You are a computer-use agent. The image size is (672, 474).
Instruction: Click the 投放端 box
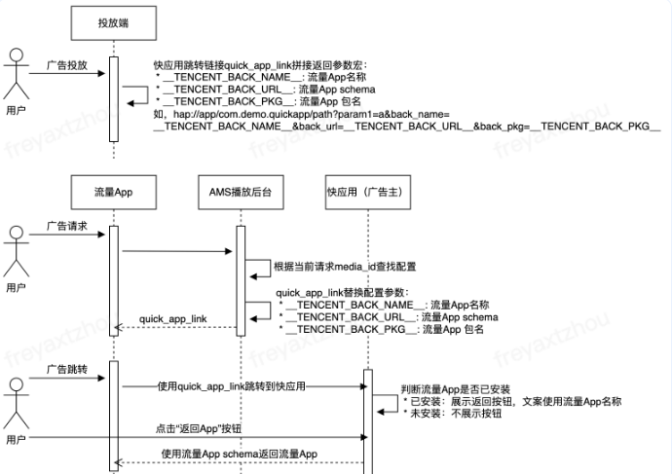(113, 21)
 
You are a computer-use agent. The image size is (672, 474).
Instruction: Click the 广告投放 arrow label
(67, 66)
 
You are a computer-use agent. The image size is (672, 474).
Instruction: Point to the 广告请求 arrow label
(67, 226)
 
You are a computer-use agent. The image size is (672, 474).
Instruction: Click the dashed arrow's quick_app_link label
(173, 318)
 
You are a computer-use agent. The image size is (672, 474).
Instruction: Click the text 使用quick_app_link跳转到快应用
(232, 386)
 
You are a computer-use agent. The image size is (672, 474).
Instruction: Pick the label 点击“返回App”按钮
(199, 429)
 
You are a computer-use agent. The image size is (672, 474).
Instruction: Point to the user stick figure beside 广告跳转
(15, 403)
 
